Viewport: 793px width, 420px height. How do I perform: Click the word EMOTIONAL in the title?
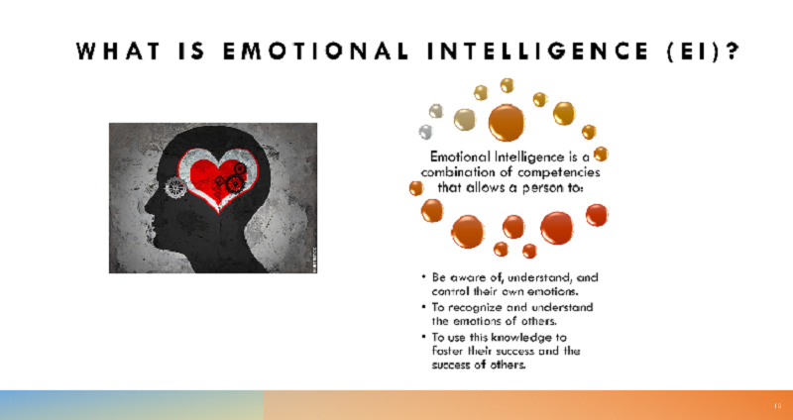pyautogui.click(x=315, y=52)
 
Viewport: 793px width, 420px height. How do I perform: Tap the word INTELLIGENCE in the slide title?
pyautogui.click(x=537, y=52)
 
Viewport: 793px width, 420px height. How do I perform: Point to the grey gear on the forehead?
pyautogui.click(x=175, y=188)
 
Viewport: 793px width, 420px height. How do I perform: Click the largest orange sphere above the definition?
pyautogui.click(x=507, y=123)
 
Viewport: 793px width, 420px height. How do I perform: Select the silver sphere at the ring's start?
pyautogui.click(x=425, y=132)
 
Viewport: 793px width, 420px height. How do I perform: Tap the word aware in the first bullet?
pyautogui.click(x=462, y=277)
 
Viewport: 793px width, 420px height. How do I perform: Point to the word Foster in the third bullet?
pyautogui.click(x=443, y=351)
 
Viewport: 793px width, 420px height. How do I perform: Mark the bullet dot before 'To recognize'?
pyautogui.click(x=423, y=307)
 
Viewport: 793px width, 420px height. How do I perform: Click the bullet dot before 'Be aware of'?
pyautogui.click(x=423, y=277)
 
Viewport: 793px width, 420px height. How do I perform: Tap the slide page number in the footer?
pyautogui.click(x=778, y=406)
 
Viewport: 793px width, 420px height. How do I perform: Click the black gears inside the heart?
pyautogui.click(x=233, y=179)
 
